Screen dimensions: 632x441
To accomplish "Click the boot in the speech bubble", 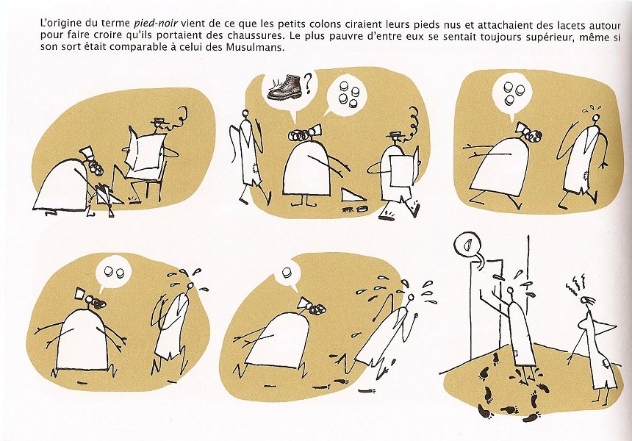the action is [284, 87].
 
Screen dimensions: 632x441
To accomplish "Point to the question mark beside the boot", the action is [309, 82].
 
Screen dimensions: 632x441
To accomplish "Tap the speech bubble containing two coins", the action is [113, 274].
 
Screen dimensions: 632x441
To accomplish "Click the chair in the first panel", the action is [151, 184].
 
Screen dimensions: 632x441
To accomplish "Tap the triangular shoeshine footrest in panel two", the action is [352, 195].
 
